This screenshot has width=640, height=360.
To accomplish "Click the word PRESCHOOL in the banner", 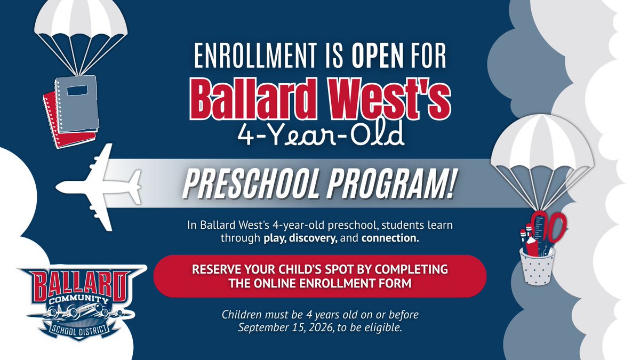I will [253, 183].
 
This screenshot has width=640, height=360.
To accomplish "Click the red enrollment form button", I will [319, 276].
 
